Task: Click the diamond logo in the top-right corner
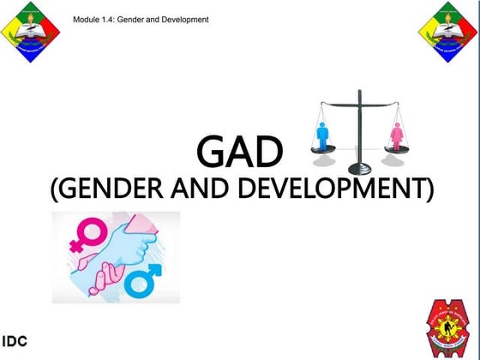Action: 448,32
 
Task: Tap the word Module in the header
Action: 88,19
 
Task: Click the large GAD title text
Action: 239,153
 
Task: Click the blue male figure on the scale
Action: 324,135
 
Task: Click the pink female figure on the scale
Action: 396,136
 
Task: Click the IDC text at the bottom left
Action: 16,341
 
